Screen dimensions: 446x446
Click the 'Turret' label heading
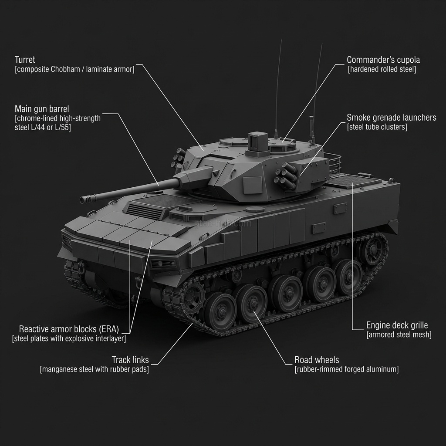tap(25, 60)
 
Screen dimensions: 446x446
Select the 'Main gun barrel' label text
tap(42, 109)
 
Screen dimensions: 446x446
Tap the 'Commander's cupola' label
tap(383, 60)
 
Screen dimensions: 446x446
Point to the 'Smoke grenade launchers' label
tap(392, 118)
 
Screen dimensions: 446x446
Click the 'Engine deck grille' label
tap(397, 325)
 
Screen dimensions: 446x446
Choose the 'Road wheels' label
tap(317, 360)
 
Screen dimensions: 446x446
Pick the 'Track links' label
tap(130, 360)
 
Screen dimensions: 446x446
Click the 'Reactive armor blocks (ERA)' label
tap(69, 329)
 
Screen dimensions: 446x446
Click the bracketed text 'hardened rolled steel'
tap(382, 69)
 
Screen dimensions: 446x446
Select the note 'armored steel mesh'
tap(399, 334)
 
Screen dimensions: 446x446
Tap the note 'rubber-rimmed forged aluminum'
tap(346, 369)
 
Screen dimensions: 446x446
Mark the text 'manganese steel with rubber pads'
tap(95, 369)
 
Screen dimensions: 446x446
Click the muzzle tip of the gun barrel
tap(82, 200)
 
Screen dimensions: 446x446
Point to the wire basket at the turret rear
tap(333, 162)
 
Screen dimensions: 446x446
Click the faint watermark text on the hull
tap(223, 224)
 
